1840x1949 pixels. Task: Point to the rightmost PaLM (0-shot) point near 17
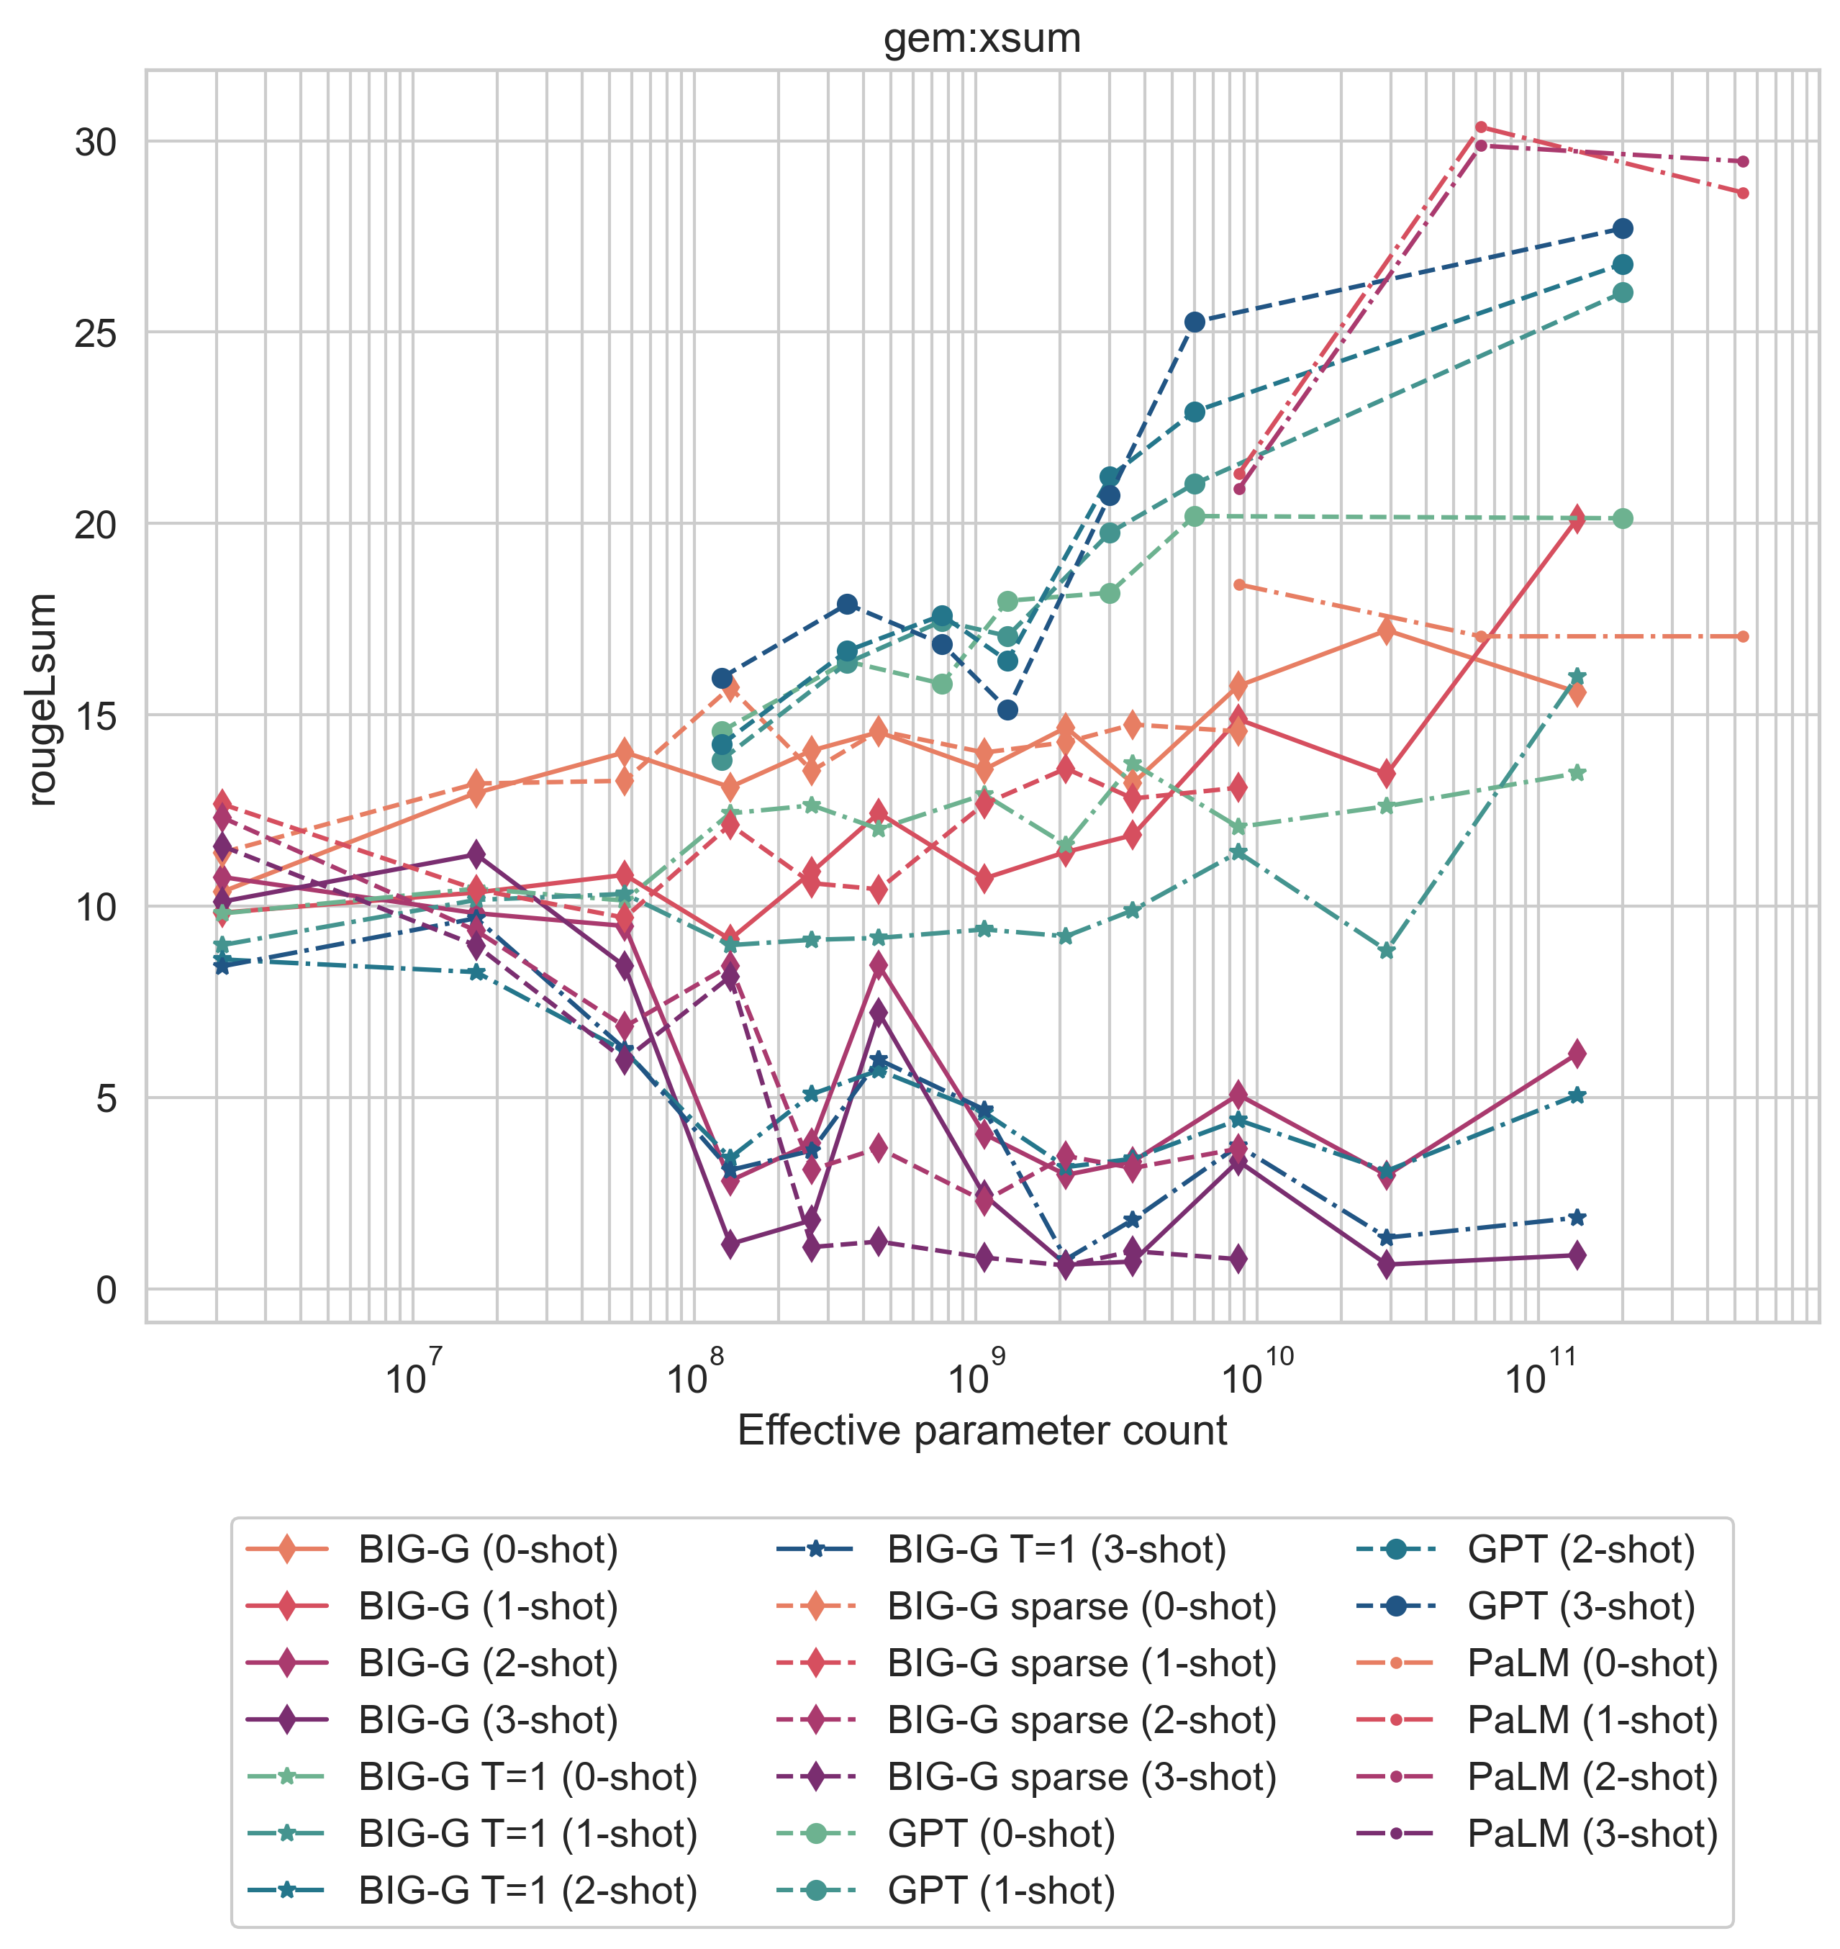point(1743,636)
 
